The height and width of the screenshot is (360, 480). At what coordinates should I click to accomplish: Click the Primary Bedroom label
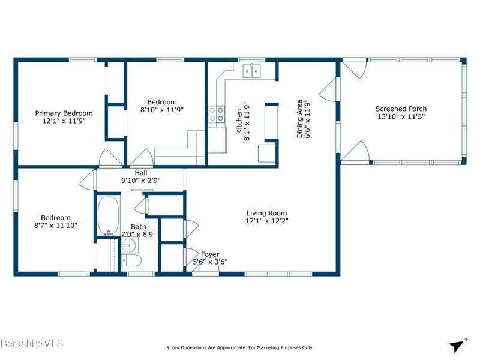click(64, 113)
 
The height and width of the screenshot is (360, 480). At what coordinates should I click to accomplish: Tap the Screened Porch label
click(401, 109)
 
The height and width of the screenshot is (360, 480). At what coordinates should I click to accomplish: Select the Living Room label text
click(266, 214)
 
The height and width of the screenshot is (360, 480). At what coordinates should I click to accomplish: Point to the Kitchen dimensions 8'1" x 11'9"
click(247, 121)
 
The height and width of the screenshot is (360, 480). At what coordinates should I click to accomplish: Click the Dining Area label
click(299, 118)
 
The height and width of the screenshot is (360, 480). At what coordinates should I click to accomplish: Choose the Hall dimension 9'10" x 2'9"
click(141, 181)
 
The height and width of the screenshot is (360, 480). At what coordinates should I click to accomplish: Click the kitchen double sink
click(251, 71)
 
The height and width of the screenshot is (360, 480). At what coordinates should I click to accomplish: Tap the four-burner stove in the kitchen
click(217, 114)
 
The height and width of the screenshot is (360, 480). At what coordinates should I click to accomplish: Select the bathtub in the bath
click(109, 215)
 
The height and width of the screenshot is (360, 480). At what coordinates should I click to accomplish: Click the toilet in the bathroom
click(131, 261)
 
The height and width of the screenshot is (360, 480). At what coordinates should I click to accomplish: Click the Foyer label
click(210, 254)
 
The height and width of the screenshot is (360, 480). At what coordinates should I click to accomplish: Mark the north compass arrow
click(457, 346)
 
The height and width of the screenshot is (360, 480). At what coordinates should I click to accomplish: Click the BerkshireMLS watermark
click(32, 343)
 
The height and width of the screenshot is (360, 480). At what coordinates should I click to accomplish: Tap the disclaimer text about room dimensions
click(239, 347)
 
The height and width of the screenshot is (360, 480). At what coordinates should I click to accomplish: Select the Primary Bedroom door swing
click(110, 158)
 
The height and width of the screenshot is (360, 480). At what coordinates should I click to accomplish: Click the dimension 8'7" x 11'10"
click(56, 226)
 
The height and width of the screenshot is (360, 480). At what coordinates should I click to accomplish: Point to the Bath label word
click(139, 227)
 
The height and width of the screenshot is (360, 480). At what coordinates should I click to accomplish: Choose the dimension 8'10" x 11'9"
click(162, 110)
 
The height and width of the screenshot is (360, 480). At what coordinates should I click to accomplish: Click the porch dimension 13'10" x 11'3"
click(401, 116)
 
